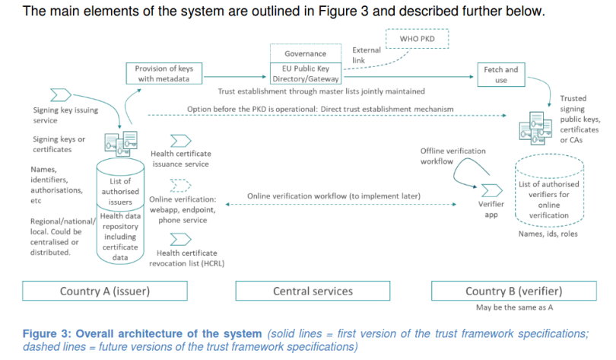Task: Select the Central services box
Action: click(313, 291)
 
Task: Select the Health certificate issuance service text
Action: click(179, 158)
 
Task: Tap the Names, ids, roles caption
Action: click(547, 234)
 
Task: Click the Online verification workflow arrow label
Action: click(334, 196)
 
